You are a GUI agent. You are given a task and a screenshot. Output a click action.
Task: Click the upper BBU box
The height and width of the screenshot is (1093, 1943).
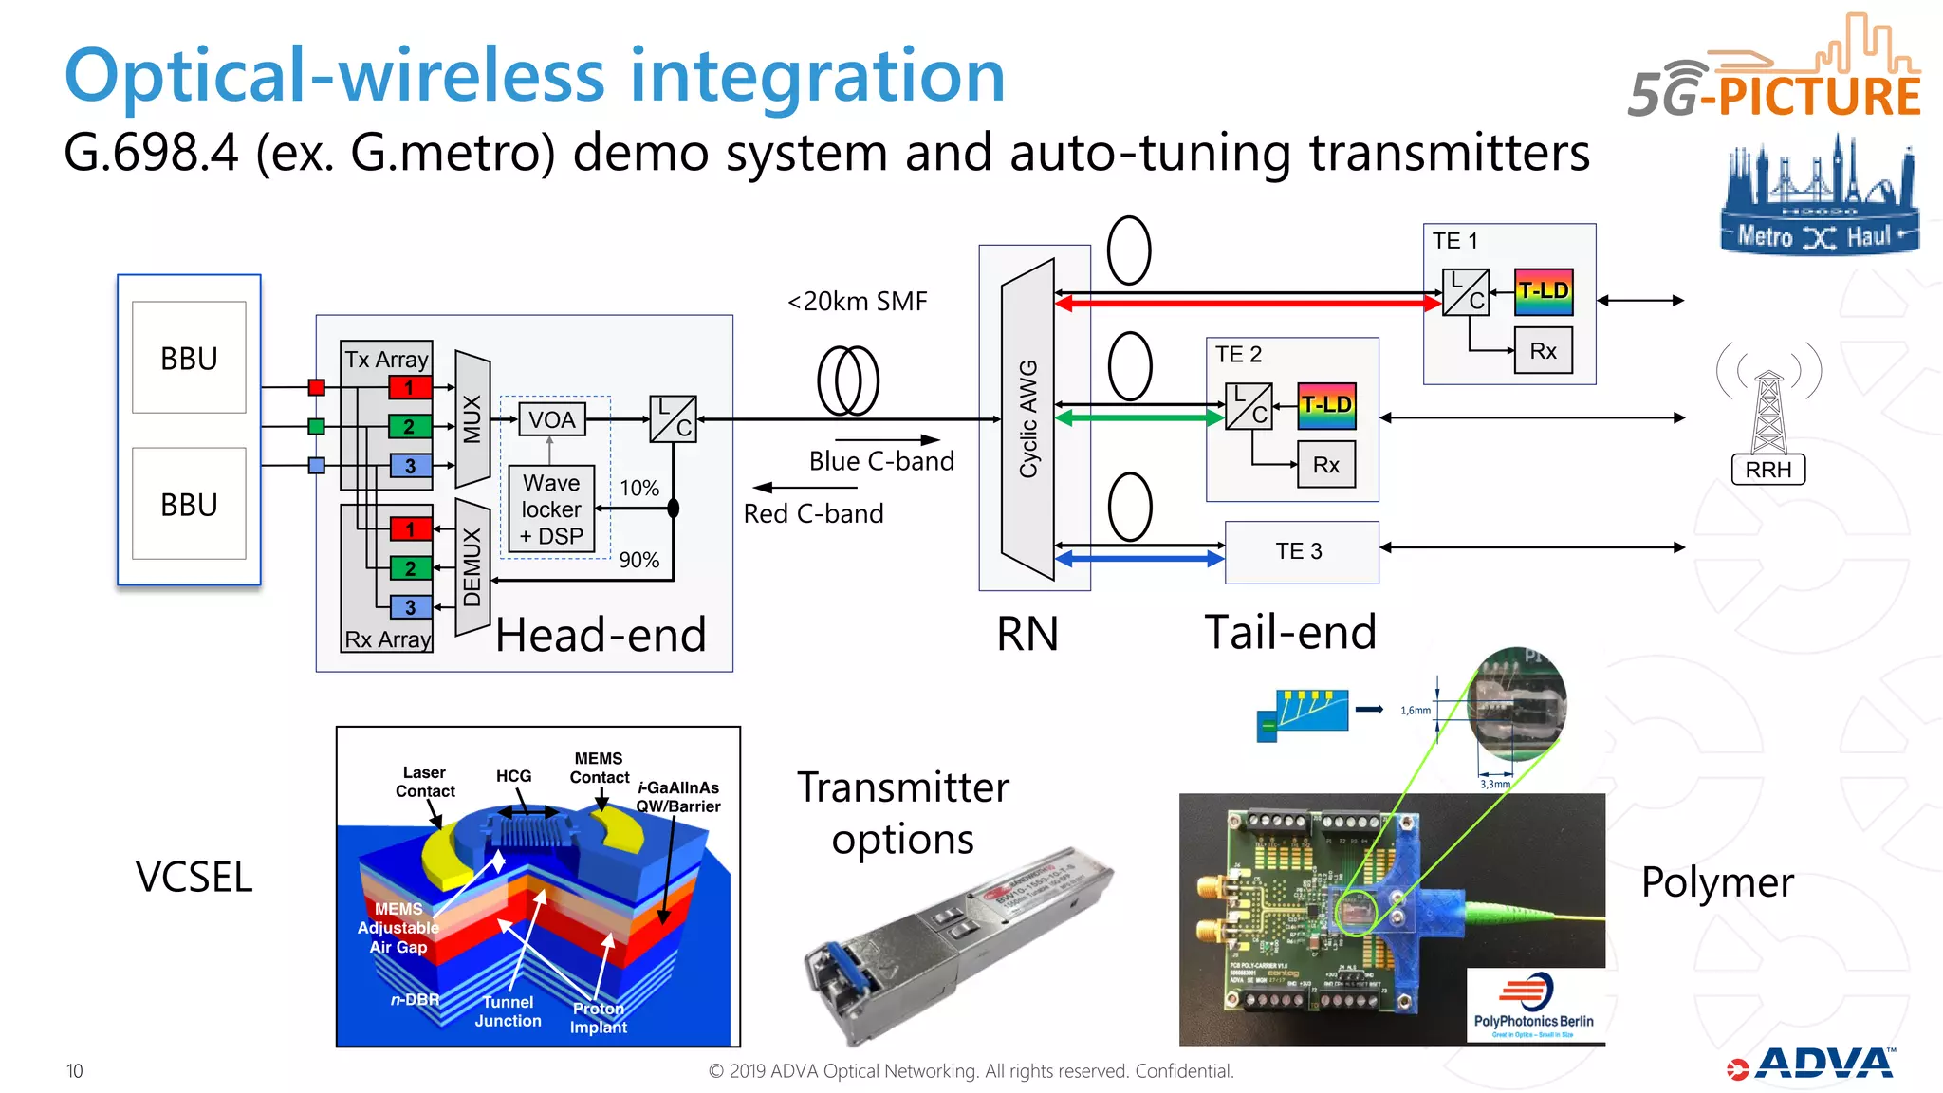click(x=189, y=358)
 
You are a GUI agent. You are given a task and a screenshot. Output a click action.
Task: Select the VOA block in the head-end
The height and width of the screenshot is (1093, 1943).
click(x=551, y=419)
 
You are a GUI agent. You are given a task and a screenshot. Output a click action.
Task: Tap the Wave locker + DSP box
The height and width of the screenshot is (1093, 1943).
click(x=551, y=509)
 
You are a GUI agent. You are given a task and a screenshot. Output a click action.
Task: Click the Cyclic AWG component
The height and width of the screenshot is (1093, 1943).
click(x=1028, y=418)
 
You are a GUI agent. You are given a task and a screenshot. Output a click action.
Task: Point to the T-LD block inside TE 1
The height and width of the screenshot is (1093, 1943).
click(x=1544, y=291)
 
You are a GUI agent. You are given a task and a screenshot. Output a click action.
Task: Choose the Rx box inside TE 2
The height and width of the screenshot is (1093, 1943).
click(x=1326, y=465)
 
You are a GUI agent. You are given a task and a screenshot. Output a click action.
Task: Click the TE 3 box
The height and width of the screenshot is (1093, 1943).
click(x=1301, y=551)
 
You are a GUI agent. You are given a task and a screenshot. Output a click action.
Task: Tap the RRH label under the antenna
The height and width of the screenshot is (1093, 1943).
click(x=1768, y=470)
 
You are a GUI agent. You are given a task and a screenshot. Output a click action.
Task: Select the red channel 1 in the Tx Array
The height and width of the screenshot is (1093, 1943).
click(x=410, y=387)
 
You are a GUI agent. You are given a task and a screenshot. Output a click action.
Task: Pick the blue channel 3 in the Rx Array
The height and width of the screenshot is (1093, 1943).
click(x=411, y=607)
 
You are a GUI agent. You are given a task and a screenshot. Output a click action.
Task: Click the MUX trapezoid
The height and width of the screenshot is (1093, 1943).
click(x=472, y=418)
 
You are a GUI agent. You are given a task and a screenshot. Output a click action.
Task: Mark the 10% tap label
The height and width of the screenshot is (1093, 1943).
click(x=639, y=488)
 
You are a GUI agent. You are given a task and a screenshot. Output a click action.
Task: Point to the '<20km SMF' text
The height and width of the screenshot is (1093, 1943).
click(x=857, y=302)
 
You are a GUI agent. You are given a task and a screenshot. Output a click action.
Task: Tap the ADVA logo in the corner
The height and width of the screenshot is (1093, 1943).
click(x=1813, y=1064)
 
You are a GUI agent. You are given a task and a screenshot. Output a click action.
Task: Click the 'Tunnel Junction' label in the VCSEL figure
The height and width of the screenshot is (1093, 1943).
click(x=509, y=1011)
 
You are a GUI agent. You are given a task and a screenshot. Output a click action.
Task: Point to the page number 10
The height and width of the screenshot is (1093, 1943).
click(x=75, y=1071)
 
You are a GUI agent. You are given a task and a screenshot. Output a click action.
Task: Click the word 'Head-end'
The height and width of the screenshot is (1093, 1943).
click(x=601, y=635)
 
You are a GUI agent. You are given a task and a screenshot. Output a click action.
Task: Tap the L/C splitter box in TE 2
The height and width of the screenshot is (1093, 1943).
click(x=1249, y=406)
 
